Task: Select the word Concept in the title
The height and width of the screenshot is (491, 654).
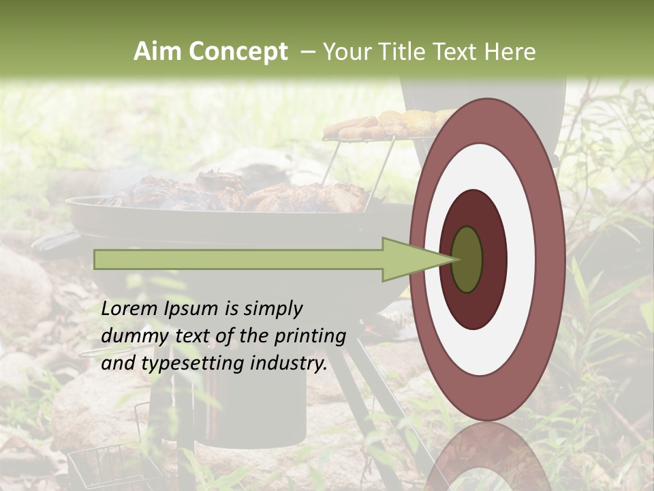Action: click(238, 52)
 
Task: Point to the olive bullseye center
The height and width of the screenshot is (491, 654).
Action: click(467, 259)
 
